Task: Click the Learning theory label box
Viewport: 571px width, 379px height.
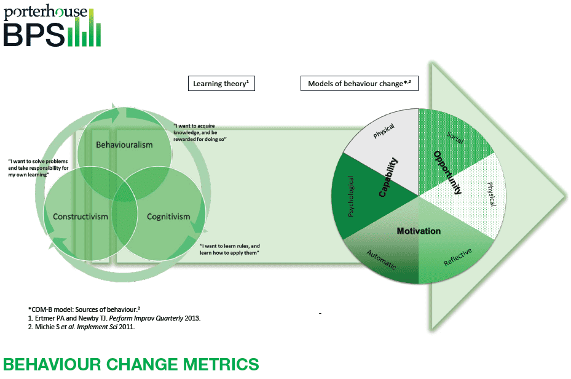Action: (221, 84)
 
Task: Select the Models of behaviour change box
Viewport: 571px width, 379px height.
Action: (360, 84)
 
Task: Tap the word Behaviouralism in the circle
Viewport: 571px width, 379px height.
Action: (124, 145)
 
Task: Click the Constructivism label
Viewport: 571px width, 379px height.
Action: (81, 217)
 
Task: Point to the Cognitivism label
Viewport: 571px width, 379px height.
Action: (168, 217)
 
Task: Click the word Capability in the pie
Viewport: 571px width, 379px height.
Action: (388, 177)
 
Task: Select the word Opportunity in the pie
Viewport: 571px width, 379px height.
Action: (448, 172)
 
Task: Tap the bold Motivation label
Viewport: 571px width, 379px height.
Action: (419, 231)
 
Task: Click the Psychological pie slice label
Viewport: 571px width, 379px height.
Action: (351, 196)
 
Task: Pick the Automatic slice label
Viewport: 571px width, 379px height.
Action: (381, 260)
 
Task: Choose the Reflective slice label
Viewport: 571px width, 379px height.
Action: (458, 257)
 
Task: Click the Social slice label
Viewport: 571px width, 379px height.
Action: (455, 137)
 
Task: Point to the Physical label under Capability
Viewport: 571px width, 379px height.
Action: (384, 131)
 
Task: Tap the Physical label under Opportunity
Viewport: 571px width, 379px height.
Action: (492, 194)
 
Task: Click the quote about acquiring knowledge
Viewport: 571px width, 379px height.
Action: (200, 132)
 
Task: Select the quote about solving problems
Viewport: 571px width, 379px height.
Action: (38, 167)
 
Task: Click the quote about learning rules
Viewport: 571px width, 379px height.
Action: (230, 249)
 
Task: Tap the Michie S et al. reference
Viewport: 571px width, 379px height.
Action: (82, 327)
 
